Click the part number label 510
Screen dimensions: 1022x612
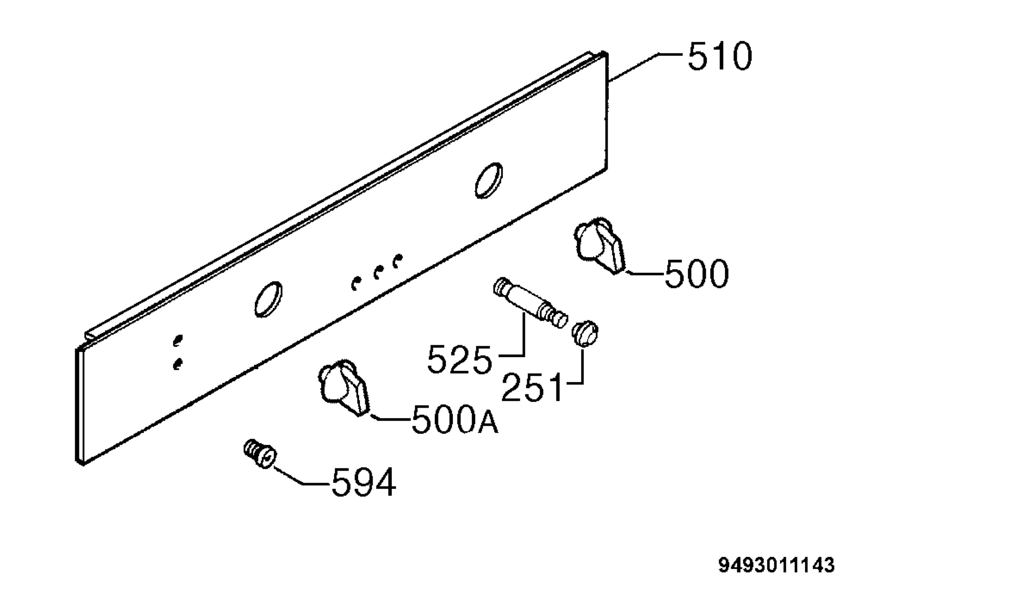[720, 56]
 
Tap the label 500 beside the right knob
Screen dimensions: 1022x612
[697, 274]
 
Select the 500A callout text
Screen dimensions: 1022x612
[455, 419]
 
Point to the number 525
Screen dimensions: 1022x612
[459, 360]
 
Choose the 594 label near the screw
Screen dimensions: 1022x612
[364, 482]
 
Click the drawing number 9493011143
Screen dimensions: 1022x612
[777, 566]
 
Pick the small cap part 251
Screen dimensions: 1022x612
[585, 332]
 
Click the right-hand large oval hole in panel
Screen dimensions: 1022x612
[489, 180]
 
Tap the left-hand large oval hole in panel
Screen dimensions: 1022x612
[268, 299]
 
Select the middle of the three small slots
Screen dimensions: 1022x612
[377, 272]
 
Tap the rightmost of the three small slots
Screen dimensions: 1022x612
[397, 261]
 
